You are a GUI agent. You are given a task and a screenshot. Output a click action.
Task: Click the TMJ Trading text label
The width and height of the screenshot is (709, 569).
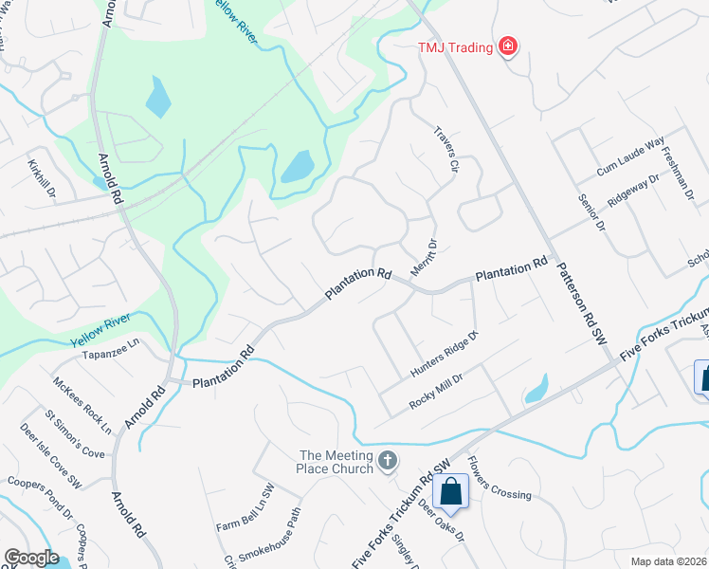point(456,47)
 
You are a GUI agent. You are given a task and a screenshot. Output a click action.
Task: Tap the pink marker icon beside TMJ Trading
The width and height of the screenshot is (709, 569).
point(508,46)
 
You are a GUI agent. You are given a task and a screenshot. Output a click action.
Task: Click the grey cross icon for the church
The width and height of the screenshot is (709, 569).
point(387,461)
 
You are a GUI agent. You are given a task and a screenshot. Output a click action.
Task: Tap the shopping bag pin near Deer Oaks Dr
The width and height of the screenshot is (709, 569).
point(450,492)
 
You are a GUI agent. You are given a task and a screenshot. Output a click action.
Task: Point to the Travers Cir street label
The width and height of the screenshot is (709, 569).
point(445,150)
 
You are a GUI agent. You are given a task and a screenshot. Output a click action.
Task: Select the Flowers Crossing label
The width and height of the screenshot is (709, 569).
point(500,483)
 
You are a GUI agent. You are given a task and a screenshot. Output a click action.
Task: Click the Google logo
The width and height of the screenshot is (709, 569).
point(31,558)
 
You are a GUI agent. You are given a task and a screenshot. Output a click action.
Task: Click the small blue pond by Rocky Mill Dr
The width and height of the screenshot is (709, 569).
point(536,389)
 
